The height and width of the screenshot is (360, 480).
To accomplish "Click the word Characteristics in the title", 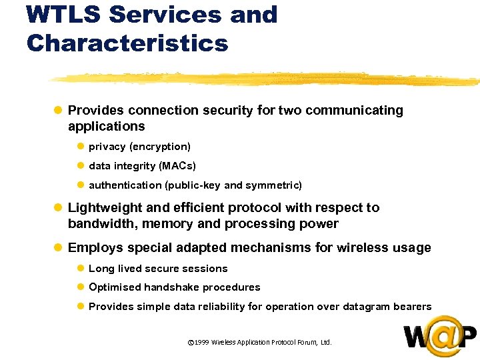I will click(x=127, y=43).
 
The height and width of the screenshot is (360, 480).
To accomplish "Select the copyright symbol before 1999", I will click(x=191, y=343).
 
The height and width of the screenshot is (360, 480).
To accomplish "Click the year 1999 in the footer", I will click(x=202, y=343).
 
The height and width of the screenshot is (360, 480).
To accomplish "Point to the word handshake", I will click(x=174, y=287).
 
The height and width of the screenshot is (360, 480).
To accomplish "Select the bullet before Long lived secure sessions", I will click(x=80, y=269).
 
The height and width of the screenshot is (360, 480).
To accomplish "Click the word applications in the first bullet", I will click(x=106, y=127).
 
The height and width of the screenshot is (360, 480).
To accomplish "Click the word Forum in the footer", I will click(x=307, y=343).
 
